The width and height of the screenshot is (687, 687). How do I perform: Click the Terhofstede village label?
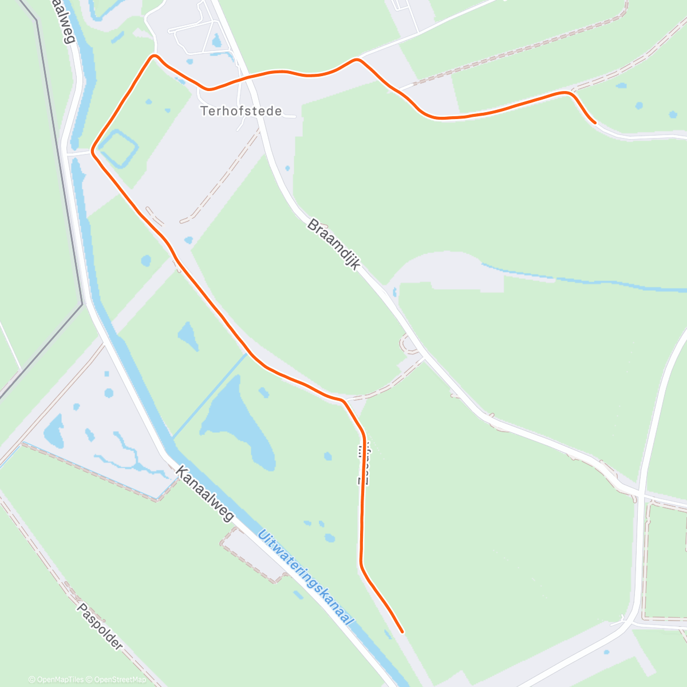(241, 111)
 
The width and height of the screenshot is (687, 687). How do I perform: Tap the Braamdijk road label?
(334, 244)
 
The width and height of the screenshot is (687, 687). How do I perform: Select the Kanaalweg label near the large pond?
(205, 493)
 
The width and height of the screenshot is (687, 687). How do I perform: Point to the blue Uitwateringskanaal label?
(306, 579)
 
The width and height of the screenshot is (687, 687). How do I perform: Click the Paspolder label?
(100, 626)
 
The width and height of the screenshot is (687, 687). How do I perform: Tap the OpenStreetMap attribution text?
(120, 680)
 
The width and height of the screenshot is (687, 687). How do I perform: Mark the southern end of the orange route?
(402, 632)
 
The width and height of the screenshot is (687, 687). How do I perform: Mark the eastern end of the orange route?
(595, 123)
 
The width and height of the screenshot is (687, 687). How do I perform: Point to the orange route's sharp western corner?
(92, 152)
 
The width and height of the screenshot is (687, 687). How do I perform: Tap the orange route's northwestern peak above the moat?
(153, 56)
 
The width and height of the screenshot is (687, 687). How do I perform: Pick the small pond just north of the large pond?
(188, 335)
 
